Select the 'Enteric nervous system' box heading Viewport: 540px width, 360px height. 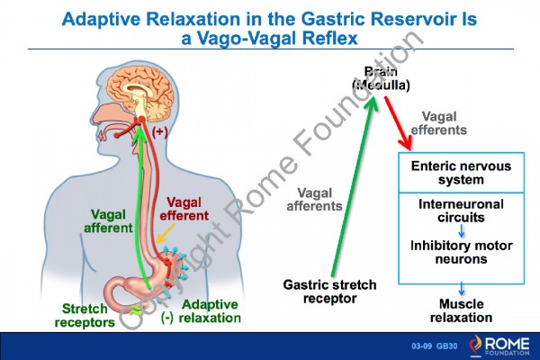click(x=461, y=174)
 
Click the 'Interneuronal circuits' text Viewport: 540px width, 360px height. click(x=461, y=211)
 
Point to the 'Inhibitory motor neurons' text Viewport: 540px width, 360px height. click(x=461, y=252)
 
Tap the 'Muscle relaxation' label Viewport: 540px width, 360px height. click(x=461, y=310)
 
